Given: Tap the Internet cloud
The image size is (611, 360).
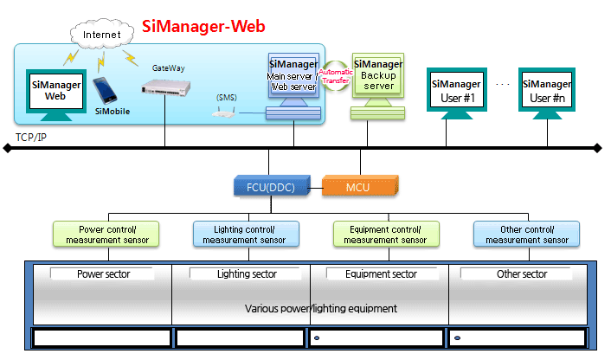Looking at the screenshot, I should pyautogui.click(x=102, y=36).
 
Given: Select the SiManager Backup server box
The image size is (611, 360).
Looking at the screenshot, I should pyautogui.click(x=377, y=75).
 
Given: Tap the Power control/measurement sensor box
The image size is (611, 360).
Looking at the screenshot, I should pyautogui.click(x=107, y=234).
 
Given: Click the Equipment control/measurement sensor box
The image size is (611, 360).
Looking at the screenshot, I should pyautogui.click(x=386, y=234).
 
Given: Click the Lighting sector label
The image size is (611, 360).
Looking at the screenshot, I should pyautogui.click(x=247, y=274).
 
